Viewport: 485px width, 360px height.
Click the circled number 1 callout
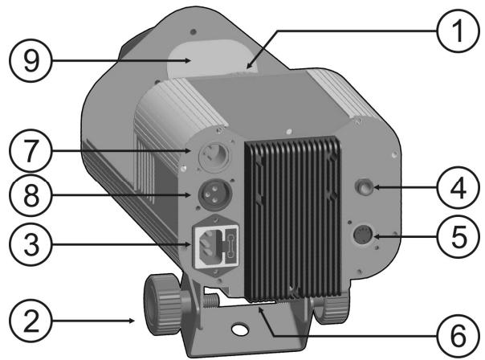pyautogui.click(x=458, y=31)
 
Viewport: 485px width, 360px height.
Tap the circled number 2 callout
pyautogui.click(x=31, y=321)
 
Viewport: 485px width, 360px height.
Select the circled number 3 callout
pyautogui.click(x=31, y=244)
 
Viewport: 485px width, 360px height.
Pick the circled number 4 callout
pyautogui.click(x=458, y=187)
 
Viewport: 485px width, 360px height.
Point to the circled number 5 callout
pyautogui.click(x=458, y=236)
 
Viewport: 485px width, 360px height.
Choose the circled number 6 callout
pyautogui.click(x=458, y=336)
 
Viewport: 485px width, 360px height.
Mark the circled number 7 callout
pyautogui.click(x=31, y=151)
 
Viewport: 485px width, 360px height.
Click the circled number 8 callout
pyautogui.click(x=31, y=195)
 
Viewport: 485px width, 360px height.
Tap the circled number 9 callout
pyautogui.click(x=31, y=61)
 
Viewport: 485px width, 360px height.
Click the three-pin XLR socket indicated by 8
pyautogui.click(x=214, y=194)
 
